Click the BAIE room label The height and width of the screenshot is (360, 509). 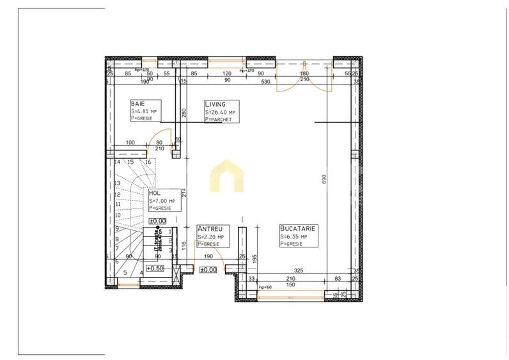[136, 104]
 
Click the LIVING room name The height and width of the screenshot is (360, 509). [214, 104]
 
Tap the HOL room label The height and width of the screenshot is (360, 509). [154, 192]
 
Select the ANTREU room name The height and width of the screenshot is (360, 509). [210, 229]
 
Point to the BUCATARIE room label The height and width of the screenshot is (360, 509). [298, 228]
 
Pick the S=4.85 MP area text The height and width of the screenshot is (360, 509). [144, 112]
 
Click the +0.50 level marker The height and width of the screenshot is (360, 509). [155, 269]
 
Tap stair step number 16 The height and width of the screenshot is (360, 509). [148, 162]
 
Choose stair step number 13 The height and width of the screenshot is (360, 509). [118, 184]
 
